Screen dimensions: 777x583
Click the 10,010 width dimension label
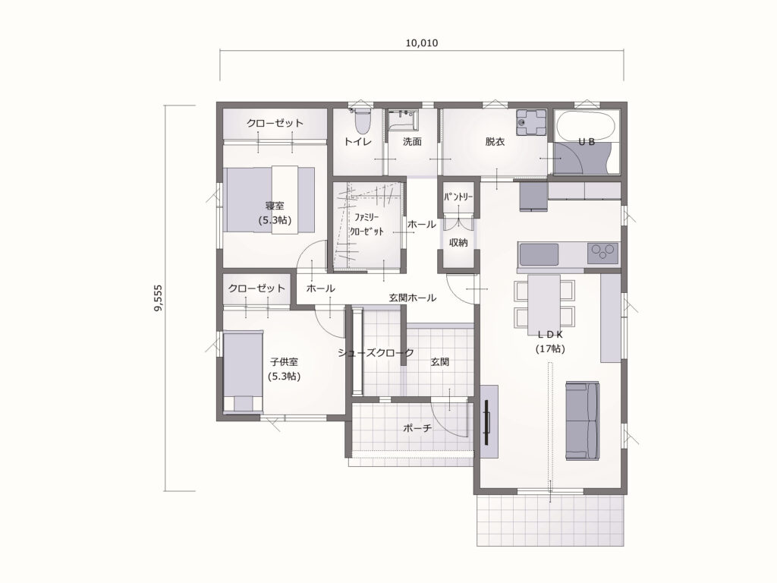pyautogui.click(x=422, y=43)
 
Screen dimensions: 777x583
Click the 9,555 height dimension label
pyautogui.click(x=158, y=298)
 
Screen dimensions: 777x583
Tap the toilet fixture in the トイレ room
pyautogui.click(x=362, y=120)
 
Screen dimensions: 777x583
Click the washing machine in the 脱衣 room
pyautogui.click(x=530, y=122)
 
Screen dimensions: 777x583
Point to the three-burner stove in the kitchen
pyautogui.click(x=603, y=253)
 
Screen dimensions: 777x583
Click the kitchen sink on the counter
pyautogui.click(x=538, y=254)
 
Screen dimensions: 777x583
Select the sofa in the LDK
pyautogui.click(x=582, y=421)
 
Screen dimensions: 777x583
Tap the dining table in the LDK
pyautogui.click(x=544, y=302)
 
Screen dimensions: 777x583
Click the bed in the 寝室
pyautogui.click(x=269, y=200)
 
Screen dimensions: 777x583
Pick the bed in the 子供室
pyautogui.click(x=243, y=371)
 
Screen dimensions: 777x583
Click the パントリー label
pyautogui.click(x=458, y=197)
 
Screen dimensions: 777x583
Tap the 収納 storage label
pyautogui.click(x=458, y=242)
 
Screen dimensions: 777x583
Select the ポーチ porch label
pyautogui.click(x=417, y=428)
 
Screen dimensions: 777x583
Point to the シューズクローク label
pyautogui.click(x=376, y=353)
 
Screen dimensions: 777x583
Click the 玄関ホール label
pyautogui.click(x=412, y=298)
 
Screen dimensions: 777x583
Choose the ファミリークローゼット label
pyautogui.click(x=366, y=224)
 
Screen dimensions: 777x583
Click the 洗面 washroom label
pyautogui.click(x=412, y=142)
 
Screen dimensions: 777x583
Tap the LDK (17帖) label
pyautogui.click(x=550, y=342)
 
